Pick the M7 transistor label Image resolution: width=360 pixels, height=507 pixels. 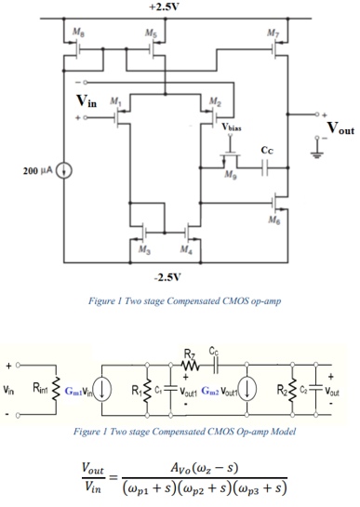(271, 33)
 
